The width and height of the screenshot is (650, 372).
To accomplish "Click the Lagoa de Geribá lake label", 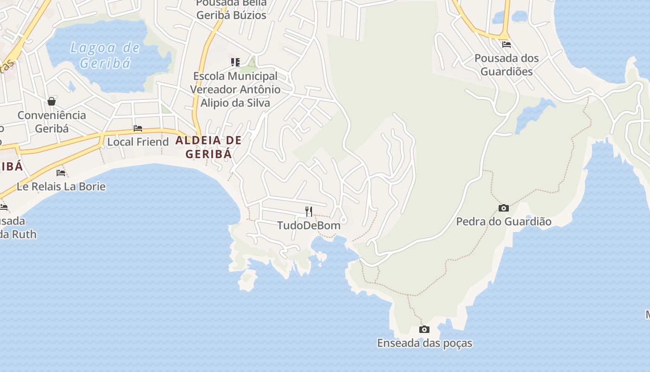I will point(104,55).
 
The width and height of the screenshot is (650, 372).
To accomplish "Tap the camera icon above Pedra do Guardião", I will point(503,208).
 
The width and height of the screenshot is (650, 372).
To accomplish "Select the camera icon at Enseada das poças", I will point(424,330).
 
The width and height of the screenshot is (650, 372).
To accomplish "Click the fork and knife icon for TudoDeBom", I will point(308,212).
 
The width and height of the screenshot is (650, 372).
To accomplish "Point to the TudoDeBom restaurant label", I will point(309,226).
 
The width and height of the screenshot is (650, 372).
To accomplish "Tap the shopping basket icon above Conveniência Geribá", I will point(52,101).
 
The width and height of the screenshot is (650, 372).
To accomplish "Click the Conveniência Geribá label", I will point(52,122).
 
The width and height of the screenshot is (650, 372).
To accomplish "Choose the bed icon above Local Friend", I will point(138,128).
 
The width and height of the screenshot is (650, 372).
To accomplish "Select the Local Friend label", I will point(138,142).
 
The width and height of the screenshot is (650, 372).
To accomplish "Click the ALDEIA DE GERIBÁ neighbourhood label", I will point(208,147).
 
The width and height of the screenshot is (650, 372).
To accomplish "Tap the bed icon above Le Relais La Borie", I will point(61,173).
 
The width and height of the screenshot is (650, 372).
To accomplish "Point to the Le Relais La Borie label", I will point(61,186).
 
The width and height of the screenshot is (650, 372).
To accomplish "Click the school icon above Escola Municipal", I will point(235,62).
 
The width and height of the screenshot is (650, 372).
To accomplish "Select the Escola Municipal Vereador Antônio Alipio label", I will point(235,89).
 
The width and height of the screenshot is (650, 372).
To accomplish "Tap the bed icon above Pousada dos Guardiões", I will point(506,45).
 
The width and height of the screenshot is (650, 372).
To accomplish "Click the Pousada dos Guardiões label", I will point(506,65).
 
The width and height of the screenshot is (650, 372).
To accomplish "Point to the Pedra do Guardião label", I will point(504,221).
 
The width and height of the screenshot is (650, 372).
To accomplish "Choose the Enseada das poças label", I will point(424,343).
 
